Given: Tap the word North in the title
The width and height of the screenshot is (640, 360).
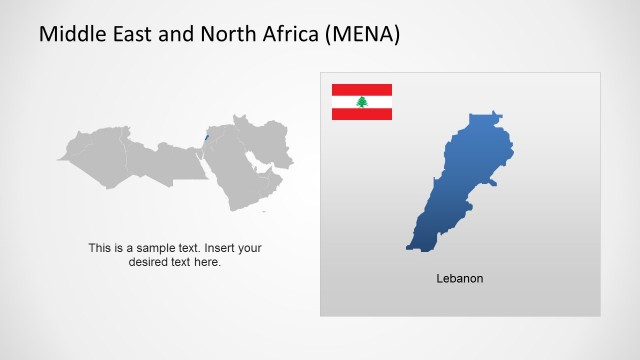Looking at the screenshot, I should click(x=220, y=35).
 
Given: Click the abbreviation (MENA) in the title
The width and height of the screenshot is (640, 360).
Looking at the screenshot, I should click(x=363, y=35).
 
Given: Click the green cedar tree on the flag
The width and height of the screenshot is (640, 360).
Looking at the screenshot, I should click(x=362, y=102).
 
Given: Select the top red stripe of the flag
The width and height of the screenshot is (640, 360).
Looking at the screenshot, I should click(x=362, y=89).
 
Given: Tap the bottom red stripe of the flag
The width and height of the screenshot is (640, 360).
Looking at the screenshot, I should click(x=362, y=114).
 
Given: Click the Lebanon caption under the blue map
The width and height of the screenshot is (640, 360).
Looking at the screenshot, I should click(x=460, y=278).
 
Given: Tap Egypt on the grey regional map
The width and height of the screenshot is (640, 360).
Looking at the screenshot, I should click(x=185, y=160).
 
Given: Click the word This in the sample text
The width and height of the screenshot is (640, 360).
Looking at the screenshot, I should click(x=99, y=248).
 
